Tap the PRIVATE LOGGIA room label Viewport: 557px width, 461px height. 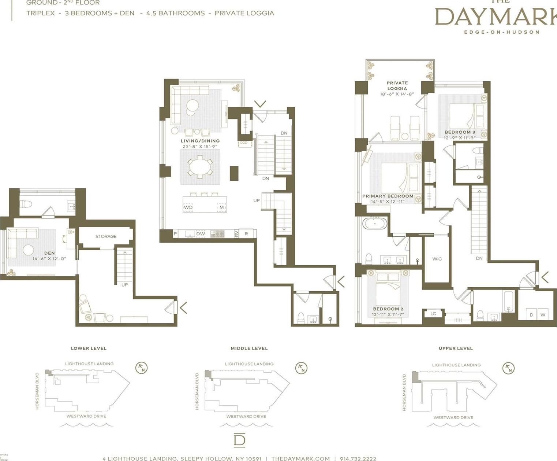397,85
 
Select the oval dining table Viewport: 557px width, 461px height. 200,167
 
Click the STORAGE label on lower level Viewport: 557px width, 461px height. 106,236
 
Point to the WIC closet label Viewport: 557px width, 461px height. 437,259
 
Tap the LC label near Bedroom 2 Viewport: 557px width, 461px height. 433,314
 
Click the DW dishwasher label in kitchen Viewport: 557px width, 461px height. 201,234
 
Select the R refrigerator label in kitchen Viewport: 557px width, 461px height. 246,234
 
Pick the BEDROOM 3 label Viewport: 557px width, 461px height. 460,132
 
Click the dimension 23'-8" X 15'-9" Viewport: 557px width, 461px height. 200,147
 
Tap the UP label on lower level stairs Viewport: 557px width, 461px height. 124,285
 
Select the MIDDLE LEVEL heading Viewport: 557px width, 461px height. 249,348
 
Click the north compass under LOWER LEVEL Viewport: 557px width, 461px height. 141,368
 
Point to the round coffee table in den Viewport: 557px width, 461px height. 28,250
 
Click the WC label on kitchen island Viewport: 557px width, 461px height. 188,207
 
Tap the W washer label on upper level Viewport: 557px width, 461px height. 543,315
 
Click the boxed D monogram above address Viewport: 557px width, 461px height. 239,440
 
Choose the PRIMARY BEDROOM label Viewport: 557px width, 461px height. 388,196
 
